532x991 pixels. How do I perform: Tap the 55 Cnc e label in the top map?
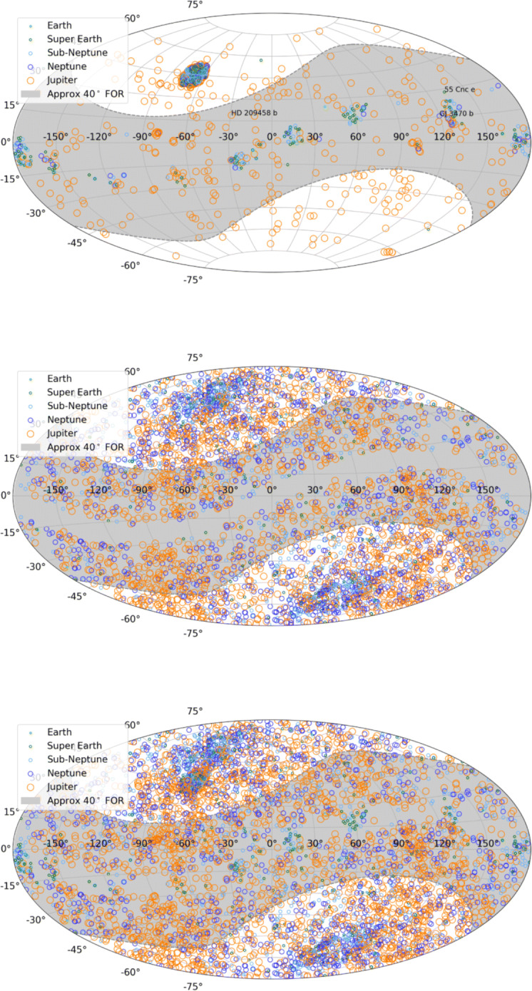(x=459, y=90)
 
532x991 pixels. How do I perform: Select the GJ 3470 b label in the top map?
(x=456, y=114)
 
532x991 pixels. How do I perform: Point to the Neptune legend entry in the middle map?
(x=67, y=420)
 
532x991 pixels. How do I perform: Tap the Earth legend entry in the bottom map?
(x=60, y=731)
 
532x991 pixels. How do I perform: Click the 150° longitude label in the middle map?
(x=488, y=490)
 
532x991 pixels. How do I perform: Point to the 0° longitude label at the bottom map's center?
(x=271, y=843)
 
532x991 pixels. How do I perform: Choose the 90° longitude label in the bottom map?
(x=401, y=843)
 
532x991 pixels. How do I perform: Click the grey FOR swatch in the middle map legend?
(x=31, y=447)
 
